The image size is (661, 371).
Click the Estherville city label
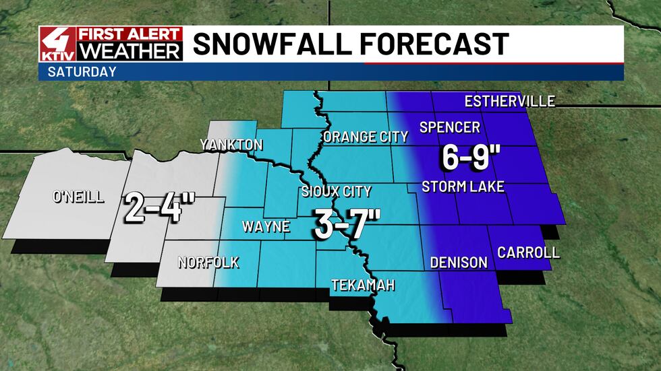coord(510,102)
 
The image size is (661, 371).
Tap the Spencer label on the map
coord(450,127)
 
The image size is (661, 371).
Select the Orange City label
coord(366,137)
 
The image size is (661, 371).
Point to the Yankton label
coord(231,145)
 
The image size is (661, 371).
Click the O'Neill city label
coord(78,197)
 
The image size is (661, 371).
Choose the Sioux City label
coord(337,192)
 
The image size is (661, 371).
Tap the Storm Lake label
coord(463,187)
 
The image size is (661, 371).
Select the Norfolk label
coord(208,263)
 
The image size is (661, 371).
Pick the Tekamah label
coord(363,285)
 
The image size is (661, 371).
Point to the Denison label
coord(459,263)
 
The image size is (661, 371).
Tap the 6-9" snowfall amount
coord(471,158)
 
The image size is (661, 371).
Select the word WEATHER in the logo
coord(130,51)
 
